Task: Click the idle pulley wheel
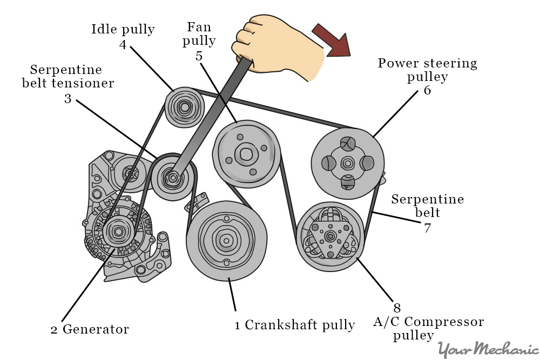[184, 107]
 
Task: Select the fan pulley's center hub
[246, 152]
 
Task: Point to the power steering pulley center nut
[348, 162]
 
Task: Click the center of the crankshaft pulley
[226, 240]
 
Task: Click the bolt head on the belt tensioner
[172, 178]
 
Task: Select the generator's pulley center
[118, 232]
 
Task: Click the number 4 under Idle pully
[123, 45]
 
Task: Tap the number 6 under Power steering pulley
[427, 90]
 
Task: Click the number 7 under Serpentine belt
[427, 227]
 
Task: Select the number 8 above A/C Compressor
[396, 308]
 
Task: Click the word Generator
[96, 329]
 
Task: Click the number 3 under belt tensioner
[68, 99]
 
